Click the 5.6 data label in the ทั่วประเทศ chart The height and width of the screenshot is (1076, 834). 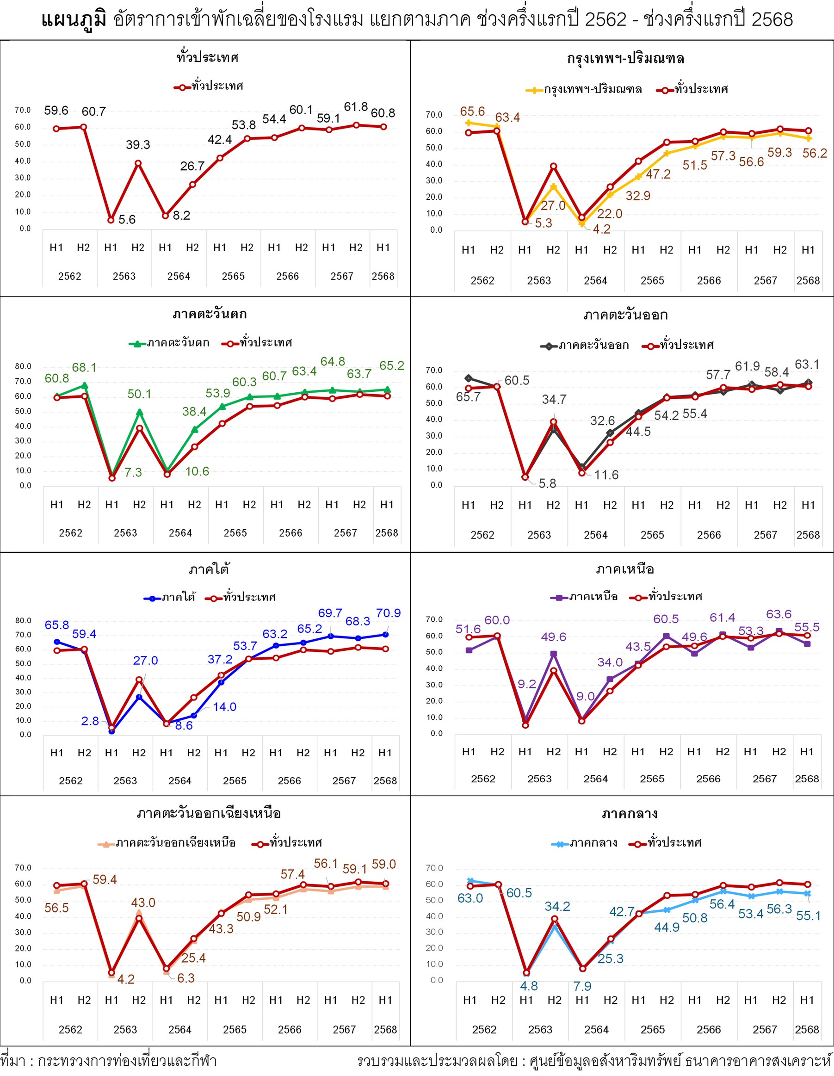(x=127, y=220)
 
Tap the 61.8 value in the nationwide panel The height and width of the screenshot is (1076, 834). (x=356, y=107)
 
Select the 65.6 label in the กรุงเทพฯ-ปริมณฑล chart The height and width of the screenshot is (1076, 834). (x=472, y=111)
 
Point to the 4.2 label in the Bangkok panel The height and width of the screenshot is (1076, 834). (x=601, y=229)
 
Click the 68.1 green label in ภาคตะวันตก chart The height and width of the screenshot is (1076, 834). (x=84, y=368)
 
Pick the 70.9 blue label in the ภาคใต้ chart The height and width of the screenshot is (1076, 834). (x=388, y=613)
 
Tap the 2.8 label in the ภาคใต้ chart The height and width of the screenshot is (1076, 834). (x=90, y=721)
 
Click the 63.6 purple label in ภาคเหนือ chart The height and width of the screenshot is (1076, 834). (x=778, y=614)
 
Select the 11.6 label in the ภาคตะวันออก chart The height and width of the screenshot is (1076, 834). (x=606, y=475)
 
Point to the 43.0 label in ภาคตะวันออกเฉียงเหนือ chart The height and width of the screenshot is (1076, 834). (x=143, y=903)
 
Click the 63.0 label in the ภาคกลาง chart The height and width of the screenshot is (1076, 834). (x=470, y=898)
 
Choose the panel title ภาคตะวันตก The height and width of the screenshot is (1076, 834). (x=210, y=314)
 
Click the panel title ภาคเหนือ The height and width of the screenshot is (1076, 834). (x=624, y=569)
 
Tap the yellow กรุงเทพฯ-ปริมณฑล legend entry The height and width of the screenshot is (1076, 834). (x=584, y=90)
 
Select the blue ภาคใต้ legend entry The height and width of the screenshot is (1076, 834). (x=170, y=598)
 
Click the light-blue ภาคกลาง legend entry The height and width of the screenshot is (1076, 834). (x=585, y=843)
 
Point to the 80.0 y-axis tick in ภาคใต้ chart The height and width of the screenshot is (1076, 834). (x=23, y=621)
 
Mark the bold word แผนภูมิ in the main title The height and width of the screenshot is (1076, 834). (x=74, y=20)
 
